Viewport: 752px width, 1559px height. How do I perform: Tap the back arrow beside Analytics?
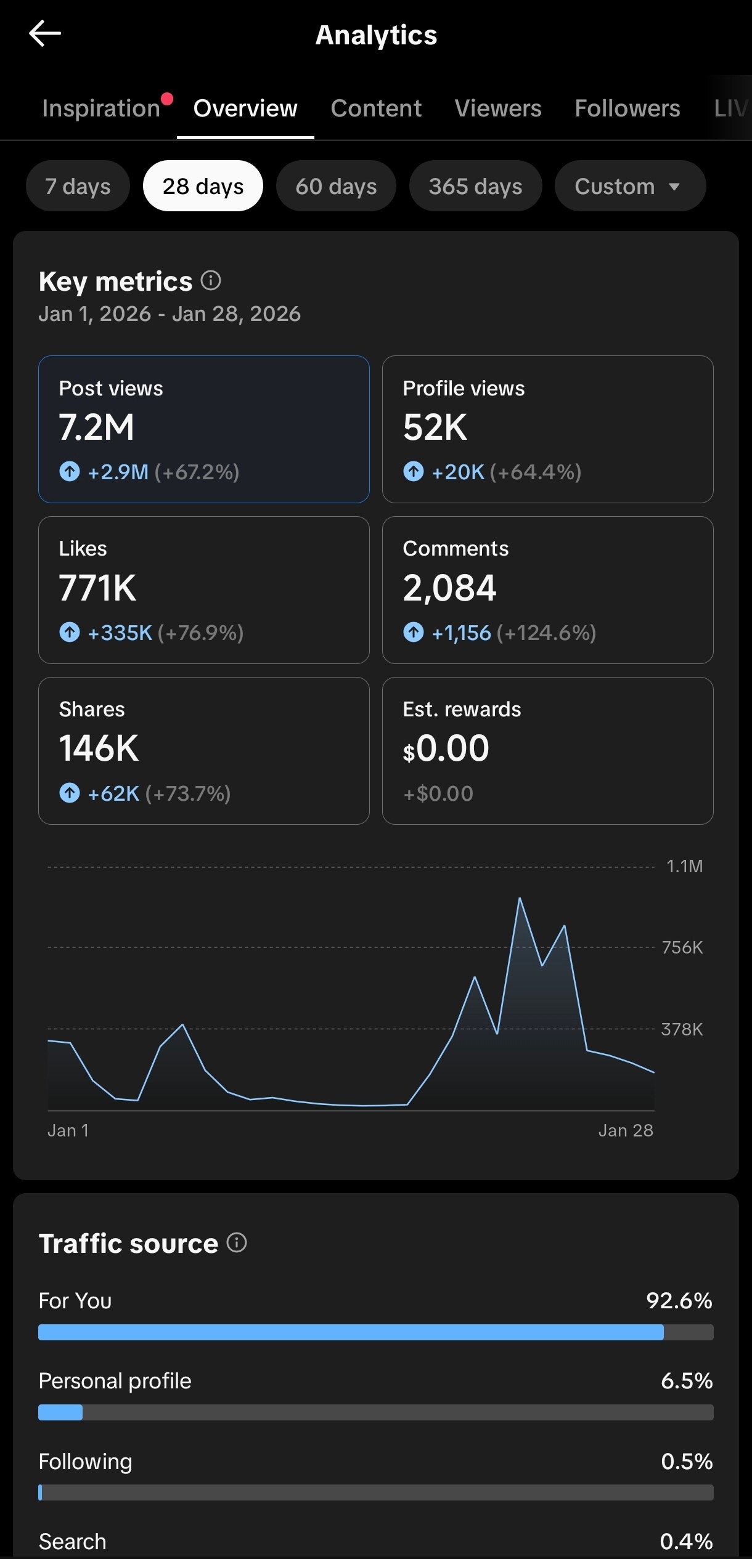coord(45,33)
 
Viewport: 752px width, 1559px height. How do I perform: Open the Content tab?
coord(376,108)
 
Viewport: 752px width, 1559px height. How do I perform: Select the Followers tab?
coord(627,108)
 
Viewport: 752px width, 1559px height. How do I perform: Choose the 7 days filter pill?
coord(78,186)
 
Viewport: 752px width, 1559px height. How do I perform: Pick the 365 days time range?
coord(475,186)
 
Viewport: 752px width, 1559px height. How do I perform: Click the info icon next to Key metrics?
coord(211,281)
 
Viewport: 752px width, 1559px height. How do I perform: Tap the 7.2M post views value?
coord(96,427)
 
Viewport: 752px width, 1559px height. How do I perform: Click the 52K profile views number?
coord(435,427)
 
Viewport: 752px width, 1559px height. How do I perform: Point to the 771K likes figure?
coord(97,588)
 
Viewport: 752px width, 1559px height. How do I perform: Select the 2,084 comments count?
coord(449,588)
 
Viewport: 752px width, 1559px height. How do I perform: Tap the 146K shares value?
coord(99,748)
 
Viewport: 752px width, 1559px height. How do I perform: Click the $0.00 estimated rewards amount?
coord(446,748)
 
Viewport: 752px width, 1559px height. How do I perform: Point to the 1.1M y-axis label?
coord(684,867)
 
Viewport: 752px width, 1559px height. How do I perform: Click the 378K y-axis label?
coord(682,1029)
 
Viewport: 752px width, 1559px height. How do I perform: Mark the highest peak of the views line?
coord(520,899)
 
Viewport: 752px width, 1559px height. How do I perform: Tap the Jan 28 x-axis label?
coord(625,1130)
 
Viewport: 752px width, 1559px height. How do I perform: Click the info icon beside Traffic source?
coord(237,1243)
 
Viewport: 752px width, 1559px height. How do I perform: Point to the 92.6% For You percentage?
coord(679,1300)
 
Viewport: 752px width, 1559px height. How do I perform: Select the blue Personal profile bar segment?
coord(60,1412)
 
